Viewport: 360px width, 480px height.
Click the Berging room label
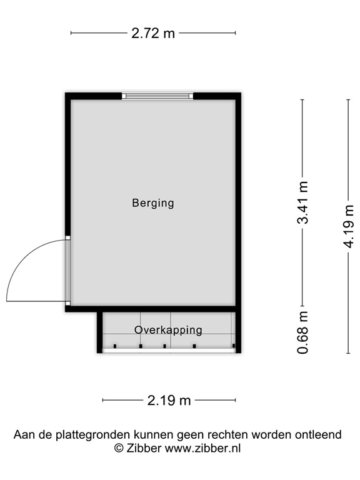point(152,203)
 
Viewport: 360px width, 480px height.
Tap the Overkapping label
point(168,329)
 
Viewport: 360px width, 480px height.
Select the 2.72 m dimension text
point(153,33)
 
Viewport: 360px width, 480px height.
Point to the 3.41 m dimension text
point(303,202)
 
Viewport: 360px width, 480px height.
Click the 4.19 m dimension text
point(349,216)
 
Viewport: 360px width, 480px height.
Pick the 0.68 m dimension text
point(303,332)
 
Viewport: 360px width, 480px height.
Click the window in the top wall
point(157,96)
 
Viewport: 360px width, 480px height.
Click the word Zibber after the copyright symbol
point(143,448)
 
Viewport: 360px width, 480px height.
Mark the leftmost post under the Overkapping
point(115,346)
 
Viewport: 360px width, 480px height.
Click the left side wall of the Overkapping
point(99,331)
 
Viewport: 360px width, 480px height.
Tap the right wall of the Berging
point(238,200)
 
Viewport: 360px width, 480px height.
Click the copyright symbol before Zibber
point(118,448)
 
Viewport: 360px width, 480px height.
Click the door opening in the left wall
point(68,271)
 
